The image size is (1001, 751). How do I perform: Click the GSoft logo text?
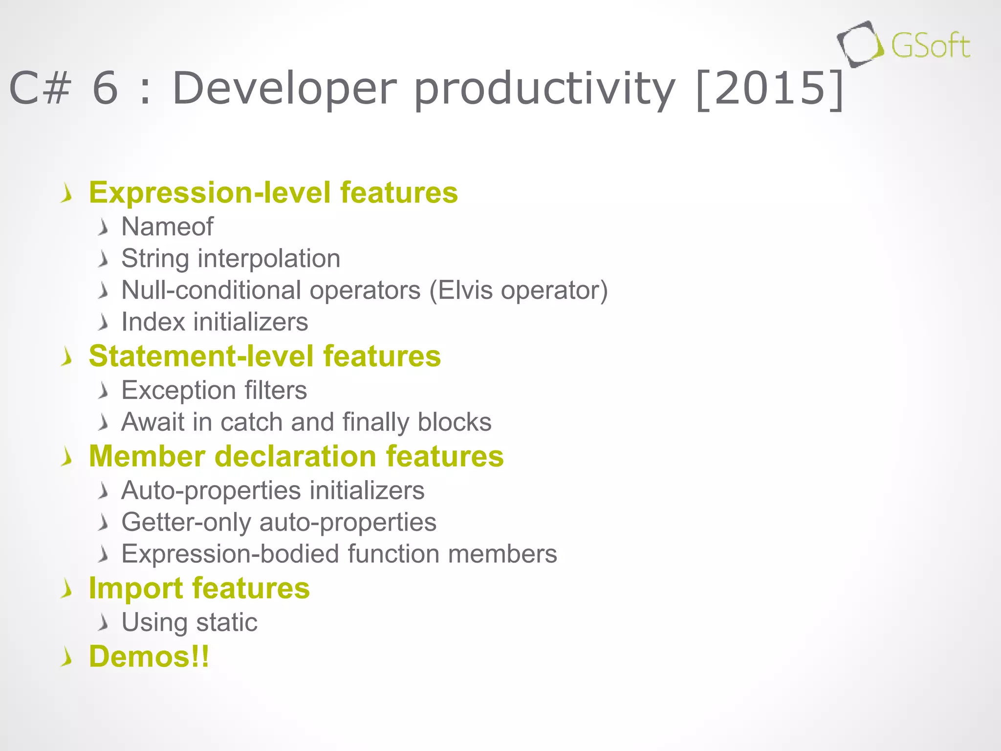tap(930, 46)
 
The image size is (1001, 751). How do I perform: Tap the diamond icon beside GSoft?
tap(860, 44)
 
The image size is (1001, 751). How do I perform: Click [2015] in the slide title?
tap(769, 88)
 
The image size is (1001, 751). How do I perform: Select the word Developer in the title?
tap(284, 88)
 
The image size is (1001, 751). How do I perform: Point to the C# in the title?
tap(40, 88)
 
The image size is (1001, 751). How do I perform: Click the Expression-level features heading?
tap(273, 192)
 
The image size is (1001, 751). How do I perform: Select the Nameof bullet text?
tap(167, 226)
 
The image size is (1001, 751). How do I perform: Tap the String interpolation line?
tap(231, 258)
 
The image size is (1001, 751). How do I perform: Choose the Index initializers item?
tap(215, 322)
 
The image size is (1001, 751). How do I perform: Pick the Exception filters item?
tap(214, 390)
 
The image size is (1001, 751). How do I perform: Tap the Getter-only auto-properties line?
tap(279, 522)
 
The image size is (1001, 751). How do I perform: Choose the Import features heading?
tap(199, 588)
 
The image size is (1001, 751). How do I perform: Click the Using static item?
tap(189, 622)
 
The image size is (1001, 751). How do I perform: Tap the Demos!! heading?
tap(149, 656)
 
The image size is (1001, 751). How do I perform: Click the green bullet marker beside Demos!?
tap(67, 658)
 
